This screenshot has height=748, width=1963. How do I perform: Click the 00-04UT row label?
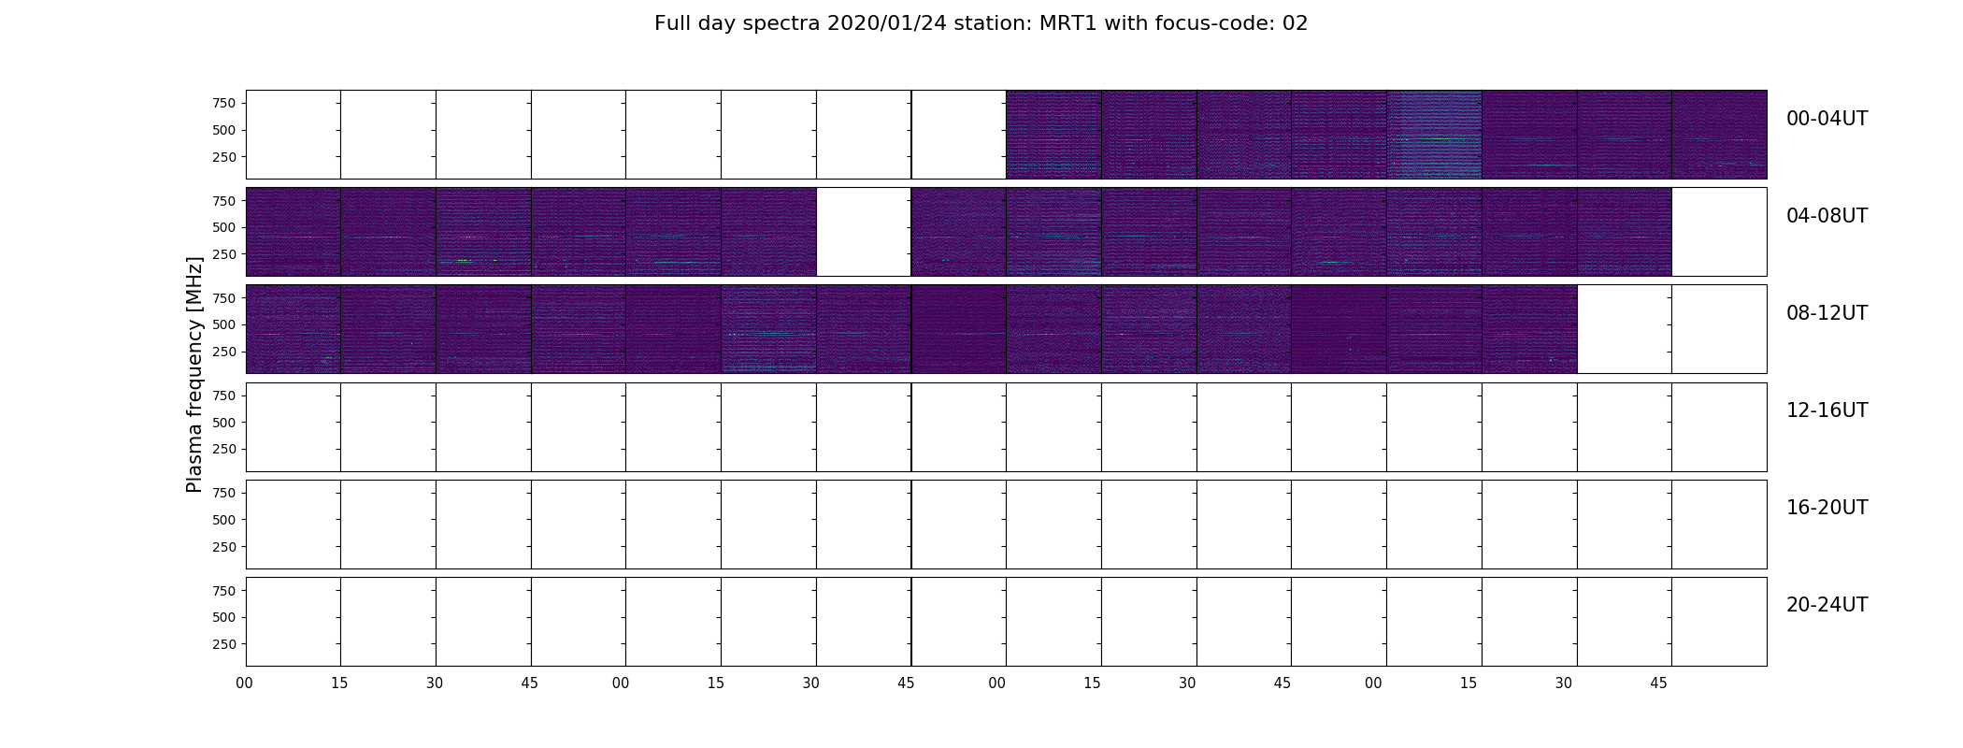[x=1827, y=119]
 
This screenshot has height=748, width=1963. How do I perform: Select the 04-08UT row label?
[x=1827, y=216]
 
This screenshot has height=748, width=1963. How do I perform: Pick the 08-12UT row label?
[x=1827, y=313]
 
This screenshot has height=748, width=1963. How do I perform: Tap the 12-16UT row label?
[x=1827, y=410]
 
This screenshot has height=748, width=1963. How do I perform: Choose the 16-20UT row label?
[x=1827, y=508]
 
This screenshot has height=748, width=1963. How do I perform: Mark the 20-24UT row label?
[x=1827, y=605]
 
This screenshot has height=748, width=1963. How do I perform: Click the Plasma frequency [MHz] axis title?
[x=194, y=374]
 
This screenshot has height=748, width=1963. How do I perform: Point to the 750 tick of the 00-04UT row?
[x=224, y=103]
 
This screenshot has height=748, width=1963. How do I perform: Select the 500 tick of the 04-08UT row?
[x=224, y=227]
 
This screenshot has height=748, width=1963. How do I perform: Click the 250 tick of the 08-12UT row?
[x=224, y=352]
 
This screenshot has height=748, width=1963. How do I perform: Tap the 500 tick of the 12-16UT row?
[x=224, y=423]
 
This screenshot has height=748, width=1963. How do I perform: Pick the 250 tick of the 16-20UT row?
[x=224, y=547]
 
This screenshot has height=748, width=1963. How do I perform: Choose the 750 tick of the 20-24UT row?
[x=224, y=591]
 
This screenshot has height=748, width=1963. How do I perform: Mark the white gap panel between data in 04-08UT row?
[x=864, y=232]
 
